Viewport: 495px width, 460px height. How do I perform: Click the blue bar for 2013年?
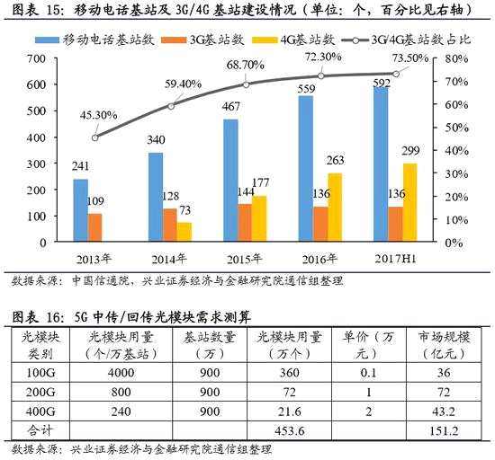(x=80, y=210)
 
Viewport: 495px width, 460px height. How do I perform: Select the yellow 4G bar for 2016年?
(x=335, y=208)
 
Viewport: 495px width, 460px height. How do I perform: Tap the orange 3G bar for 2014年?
(x=170, y=225)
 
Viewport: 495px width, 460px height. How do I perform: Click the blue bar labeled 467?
(x=230, y=181)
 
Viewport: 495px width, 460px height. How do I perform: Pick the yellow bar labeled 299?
(x=410, y=202)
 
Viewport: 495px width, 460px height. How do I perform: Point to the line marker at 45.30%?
(x=95, y=137)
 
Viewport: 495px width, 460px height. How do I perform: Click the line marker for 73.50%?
(x=396, y=74)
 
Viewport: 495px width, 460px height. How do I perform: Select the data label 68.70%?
(x=246, y=66)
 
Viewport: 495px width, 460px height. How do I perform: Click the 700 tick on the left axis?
(x=36, y=58)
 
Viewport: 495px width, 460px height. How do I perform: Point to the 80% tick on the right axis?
(x=456, y=58)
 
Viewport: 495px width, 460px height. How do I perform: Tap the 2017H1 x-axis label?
(x=395, y=259)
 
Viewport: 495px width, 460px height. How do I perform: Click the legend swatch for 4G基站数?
(x=265, y=40)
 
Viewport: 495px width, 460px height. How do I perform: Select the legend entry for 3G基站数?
(x=202, y=40)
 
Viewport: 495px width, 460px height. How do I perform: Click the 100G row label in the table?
(x=40, y=373)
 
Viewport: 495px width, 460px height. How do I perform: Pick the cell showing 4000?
(x=121, y=373)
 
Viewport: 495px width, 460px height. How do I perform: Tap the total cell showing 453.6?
(x=290, y=430)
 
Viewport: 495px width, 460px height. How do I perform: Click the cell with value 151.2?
(x=444, y=430)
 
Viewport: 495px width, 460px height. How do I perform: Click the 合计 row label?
(x=40, y=430)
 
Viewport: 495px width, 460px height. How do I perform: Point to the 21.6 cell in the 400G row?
(x=290, y=411)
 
